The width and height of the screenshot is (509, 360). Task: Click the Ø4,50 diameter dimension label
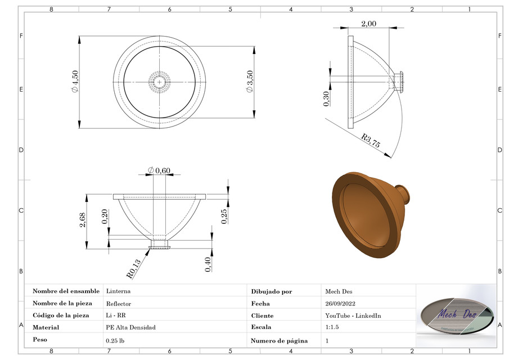(74, 82)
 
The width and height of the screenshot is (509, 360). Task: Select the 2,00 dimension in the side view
(368, 23)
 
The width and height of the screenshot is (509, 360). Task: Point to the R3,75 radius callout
(371, 141)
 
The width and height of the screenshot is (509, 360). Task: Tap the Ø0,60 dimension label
(159, 170)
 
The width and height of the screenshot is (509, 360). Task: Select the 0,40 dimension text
(208, 264)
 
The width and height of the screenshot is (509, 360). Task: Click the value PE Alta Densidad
(130, 327)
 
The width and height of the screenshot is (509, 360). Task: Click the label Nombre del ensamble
(66, 291)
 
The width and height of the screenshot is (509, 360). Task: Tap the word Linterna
(118, 291)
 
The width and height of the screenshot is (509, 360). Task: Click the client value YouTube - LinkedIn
(353, 316)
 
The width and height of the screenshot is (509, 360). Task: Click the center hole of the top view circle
(160, 82)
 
